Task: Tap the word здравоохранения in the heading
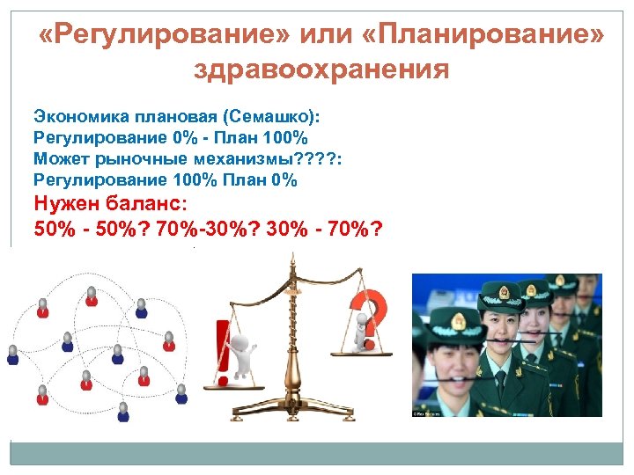tap(321, 69)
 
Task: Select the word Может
tap(58, 158)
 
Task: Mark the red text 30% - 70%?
tap(326, 229)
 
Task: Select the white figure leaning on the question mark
tap(360, 332)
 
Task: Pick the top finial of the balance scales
tap(292, 258)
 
